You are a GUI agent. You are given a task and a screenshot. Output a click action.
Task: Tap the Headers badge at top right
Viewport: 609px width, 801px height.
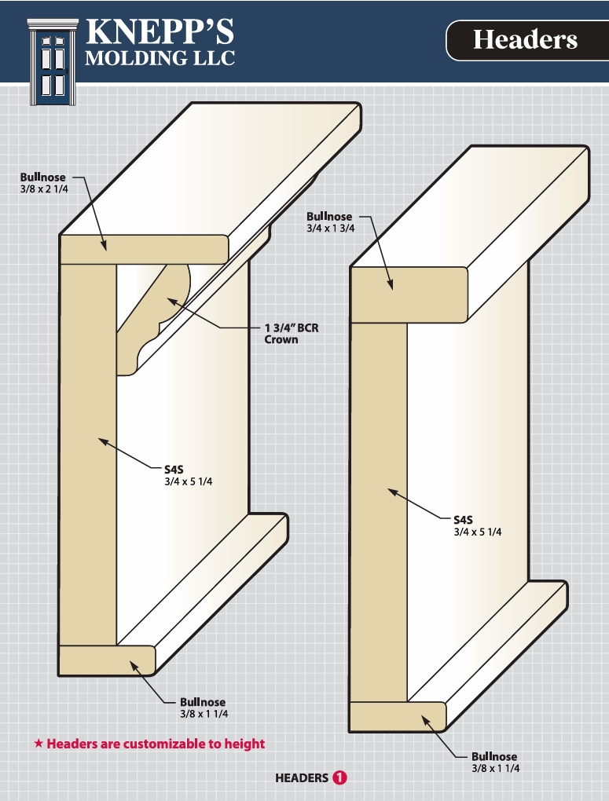pyautogui.click(x=525, y=40)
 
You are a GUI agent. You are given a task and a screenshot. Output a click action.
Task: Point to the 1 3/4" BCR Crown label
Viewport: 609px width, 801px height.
pyautogui.click(x=292, y=334)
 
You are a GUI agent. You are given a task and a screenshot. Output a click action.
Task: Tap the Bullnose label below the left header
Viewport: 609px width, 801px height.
pyautogui.click(x=204, y=708)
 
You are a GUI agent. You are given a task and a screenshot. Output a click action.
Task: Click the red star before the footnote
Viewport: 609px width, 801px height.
pyautogui.click(x=38, y=744)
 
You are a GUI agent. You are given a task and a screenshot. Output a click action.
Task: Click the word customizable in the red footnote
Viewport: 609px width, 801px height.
pyautogui.click(x=168, y=744)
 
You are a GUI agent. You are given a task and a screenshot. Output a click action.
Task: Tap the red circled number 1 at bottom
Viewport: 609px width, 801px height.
pyautogui.click(x=339, y=778)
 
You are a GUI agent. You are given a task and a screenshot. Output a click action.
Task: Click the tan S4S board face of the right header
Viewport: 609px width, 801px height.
pyautogui.click(x=378, y=510)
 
